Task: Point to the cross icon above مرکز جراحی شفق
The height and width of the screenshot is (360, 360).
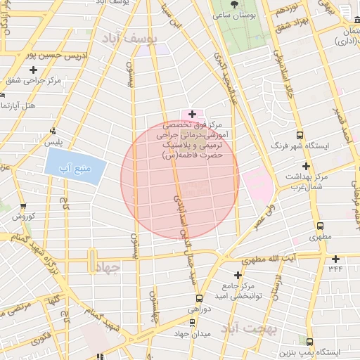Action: pyautogui.click(x=33, y=69)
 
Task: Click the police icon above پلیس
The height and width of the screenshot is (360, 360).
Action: pyautogui.click(x=53, y=131)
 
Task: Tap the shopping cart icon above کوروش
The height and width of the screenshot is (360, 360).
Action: pyautogui.click(x=24, y=206)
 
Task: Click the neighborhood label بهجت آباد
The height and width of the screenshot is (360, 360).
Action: pyautogui.click(x=250, y=328)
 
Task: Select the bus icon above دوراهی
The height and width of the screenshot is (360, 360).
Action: pyautogui.click(x=199, y=298)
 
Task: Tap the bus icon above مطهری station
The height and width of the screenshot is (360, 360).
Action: pyautogui.click(x=321, y=226)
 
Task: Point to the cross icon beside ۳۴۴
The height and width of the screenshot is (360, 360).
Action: pyautogui.click(x=336, y=258)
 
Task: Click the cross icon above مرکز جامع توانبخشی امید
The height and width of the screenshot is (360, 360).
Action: pyautogui.click(x=238, y=274)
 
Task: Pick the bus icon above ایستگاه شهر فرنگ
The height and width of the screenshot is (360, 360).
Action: pyautogui.click(x=300, y=135)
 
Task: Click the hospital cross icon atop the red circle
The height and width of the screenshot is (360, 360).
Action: pyautogui.click(x=192, y=113)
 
